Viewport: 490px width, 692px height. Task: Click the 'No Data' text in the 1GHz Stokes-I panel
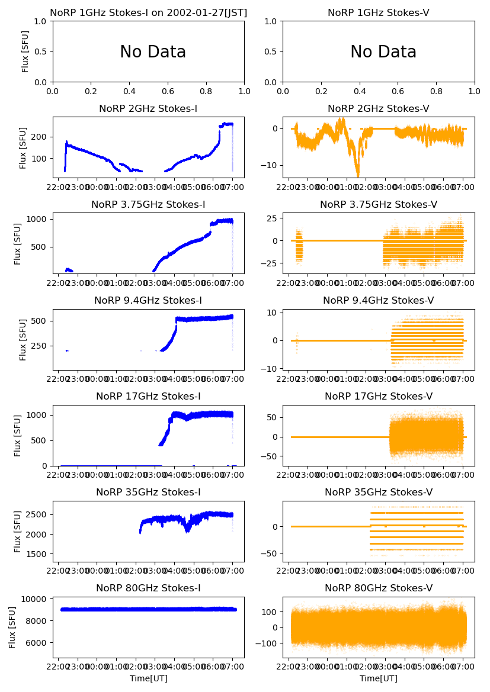tap(153, 52)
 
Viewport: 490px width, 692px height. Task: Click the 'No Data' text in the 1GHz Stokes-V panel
tap(383, 52)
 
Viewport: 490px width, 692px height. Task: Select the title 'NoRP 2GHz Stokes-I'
tap(148, 108)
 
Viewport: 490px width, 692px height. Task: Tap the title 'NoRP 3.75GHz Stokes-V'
tap(379, 204)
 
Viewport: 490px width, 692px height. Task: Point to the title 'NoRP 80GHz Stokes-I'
tap(148, 588)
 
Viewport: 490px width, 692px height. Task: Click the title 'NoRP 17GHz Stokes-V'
tap(379, 396)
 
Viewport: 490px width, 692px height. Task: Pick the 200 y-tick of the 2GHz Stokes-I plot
tap(40, 137)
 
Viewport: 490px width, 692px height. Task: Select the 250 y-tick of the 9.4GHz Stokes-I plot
tap(40, 346)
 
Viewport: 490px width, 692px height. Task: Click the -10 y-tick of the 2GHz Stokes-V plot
tap(270, 165)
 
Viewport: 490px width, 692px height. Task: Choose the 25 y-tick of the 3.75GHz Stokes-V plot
tap(273, 219)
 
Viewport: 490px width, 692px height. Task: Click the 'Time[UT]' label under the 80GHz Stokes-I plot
tap(148, 678)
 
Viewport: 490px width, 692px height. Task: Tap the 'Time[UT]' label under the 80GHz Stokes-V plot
tap(379, 678)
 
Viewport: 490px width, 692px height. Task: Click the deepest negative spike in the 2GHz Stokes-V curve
tap(358, 175)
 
